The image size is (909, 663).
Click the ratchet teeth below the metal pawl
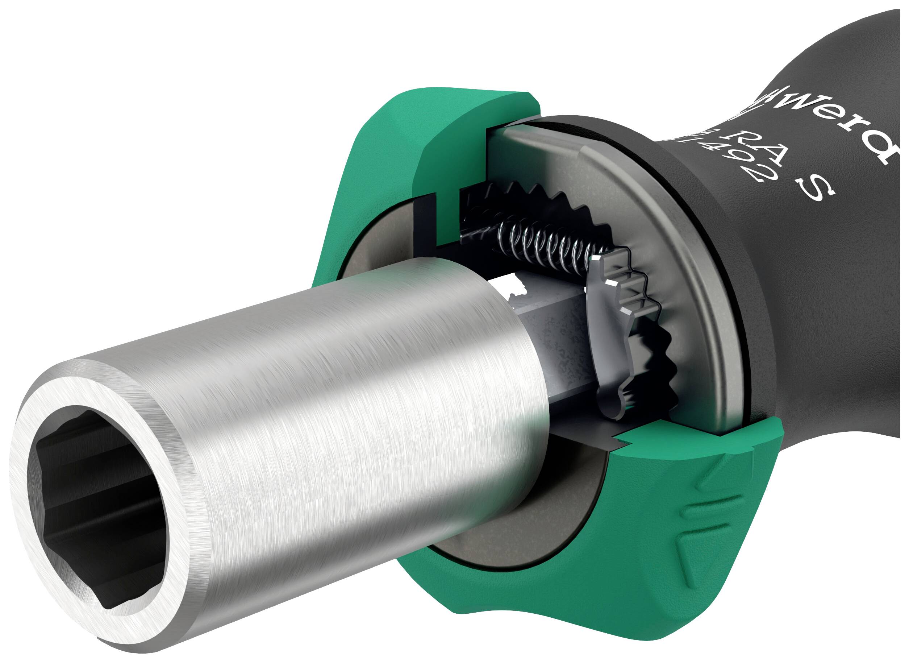pos(658,373)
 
